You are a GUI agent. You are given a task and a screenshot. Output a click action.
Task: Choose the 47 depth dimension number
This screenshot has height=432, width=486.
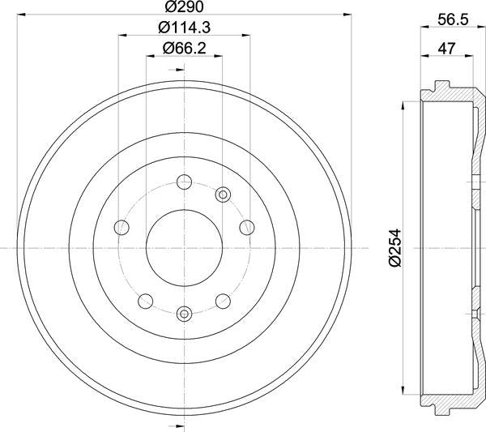pos(447,48)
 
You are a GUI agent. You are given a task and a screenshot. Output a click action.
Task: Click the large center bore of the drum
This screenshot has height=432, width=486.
pos(184,247)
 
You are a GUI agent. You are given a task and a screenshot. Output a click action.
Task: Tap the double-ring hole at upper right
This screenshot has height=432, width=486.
pos(224,194)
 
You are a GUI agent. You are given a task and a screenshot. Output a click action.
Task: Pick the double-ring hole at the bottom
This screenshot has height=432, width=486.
pos(184,313)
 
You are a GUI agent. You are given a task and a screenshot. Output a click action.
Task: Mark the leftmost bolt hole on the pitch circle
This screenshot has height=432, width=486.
pos(122,226)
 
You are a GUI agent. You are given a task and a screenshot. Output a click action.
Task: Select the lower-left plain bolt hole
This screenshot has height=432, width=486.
pos(145,302)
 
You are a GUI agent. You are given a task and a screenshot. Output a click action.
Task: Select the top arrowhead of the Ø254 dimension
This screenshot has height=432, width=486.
pos(403,105)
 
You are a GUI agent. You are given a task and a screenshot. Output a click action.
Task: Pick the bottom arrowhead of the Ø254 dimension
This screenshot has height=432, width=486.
pos(403,390)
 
